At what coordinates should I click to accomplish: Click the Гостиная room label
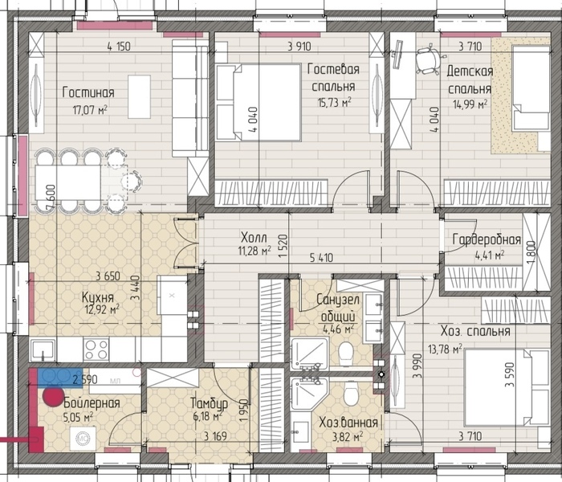coord(88,92)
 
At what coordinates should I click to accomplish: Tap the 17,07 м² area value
coord(90,109)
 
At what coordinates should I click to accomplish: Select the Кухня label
coord(97,297)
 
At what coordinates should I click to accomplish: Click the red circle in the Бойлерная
coord(54,396)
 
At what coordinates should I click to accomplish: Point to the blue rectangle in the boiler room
coord(60,377)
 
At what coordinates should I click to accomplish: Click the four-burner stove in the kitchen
coord(96,349)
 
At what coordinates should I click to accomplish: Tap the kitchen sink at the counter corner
coord(43,350)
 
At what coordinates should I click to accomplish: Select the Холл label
coord(254,237)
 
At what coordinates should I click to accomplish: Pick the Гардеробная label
coord(487,239)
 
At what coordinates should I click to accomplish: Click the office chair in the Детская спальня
coord(428,60)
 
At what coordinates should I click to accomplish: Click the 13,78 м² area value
coord(445,348)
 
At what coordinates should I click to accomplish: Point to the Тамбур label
coord(209,403)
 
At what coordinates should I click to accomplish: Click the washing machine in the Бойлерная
coord(83,439)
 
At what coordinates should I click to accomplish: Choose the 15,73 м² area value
coord(334,103)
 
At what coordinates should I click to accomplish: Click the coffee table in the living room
coord(139,97)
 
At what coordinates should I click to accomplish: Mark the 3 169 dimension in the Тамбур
coord(215,436)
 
